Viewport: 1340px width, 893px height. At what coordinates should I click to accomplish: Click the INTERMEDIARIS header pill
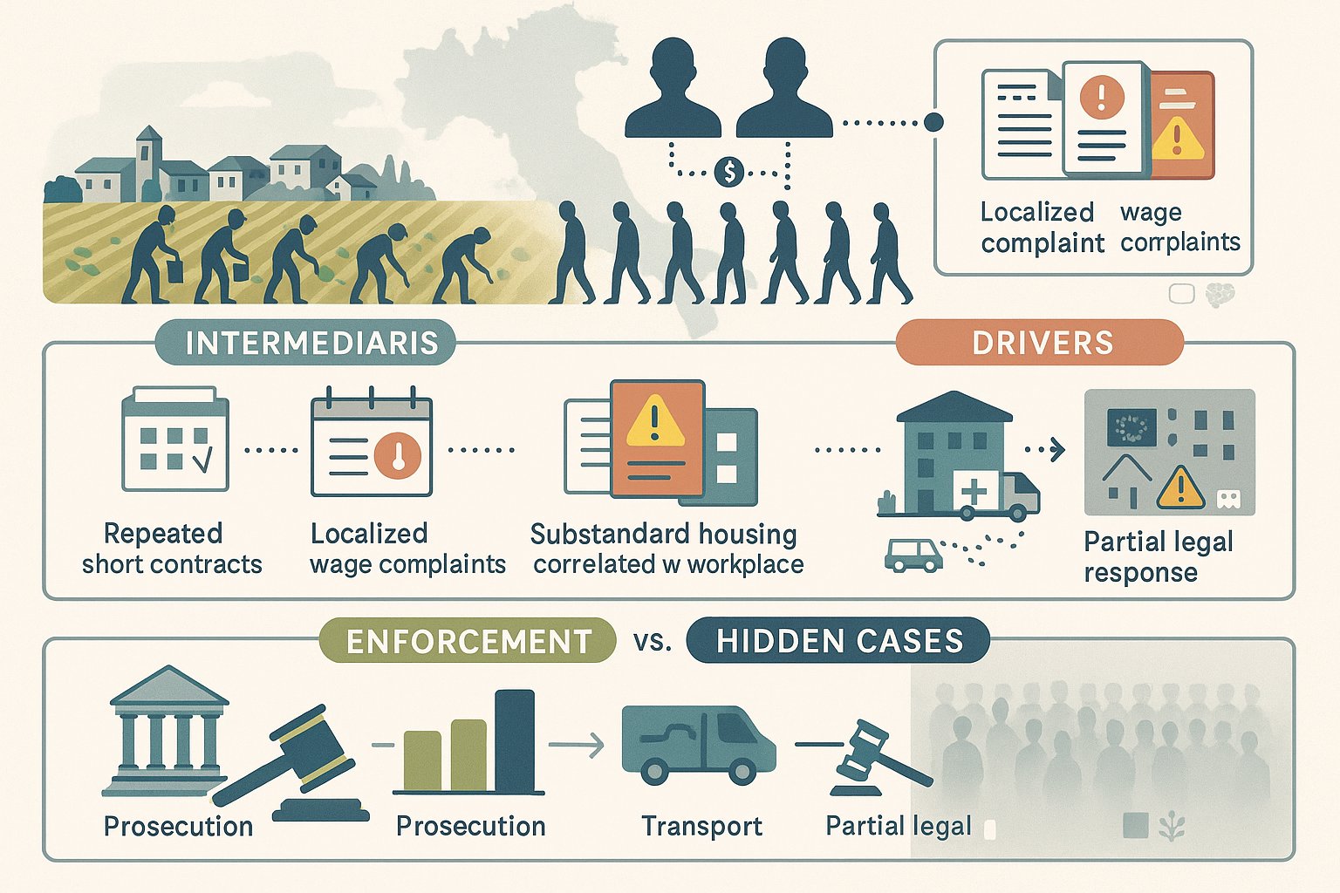(305, 342)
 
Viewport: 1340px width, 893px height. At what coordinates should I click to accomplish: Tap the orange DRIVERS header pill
(1040, 342)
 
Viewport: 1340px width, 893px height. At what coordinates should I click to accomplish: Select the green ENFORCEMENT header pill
(468, 641)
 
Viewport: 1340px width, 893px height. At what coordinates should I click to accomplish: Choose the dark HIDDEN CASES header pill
(838, 641)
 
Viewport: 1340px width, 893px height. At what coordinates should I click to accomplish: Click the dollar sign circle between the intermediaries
(729, 172)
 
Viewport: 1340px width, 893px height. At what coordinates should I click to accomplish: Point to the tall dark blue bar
(515, 741)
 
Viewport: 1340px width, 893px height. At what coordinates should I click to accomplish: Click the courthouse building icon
(167, 730)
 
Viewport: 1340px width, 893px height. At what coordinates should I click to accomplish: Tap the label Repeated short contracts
(172, 549)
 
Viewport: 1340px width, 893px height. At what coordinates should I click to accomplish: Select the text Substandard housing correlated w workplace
(667, 549)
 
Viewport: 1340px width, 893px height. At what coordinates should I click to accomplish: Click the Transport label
(701, 826)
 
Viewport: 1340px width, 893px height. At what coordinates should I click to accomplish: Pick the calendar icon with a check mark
(174, 439)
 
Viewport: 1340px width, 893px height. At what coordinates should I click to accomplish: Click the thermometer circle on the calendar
(397, 456)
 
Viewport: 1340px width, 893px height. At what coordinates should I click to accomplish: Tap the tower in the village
(148, 163)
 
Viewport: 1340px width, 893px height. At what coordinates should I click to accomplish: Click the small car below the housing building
(913, 556)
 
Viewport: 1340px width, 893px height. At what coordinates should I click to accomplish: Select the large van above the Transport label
(699, 746)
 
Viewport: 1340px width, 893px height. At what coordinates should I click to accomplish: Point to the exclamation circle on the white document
(1102, 98)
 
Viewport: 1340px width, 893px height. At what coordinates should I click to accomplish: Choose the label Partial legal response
(1159, 556)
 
